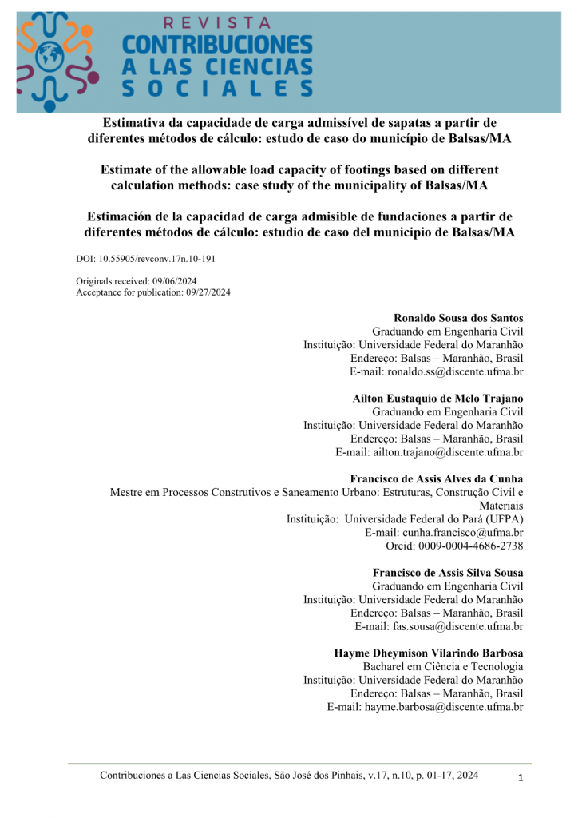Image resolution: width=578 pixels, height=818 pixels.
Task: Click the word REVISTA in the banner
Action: click(216, 23)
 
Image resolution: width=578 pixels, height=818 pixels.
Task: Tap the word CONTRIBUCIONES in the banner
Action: click(216, 45)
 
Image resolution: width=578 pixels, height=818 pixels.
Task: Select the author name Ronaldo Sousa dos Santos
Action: click(458, 318)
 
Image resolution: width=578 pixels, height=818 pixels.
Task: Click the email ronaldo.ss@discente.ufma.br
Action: click(436, 372)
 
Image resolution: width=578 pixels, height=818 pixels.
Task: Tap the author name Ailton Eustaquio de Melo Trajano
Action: click(437, 398)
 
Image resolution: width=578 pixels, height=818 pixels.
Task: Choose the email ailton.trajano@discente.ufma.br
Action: click(430, 452)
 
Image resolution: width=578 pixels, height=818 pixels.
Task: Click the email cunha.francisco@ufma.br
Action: click(444, 533)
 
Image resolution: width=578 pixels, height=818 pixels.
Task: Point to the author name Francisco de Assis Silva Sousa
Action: click(448, 573)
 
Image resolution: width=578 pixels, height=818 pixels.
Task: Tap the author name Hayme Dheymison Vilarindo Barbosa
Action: click(429, 653)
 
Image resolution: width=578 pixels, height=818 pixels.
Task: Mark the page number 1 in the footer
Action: click(520, 778)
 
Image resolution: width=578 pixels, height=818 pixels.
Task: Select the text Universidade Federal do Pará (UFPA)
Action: click(434, 519)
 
